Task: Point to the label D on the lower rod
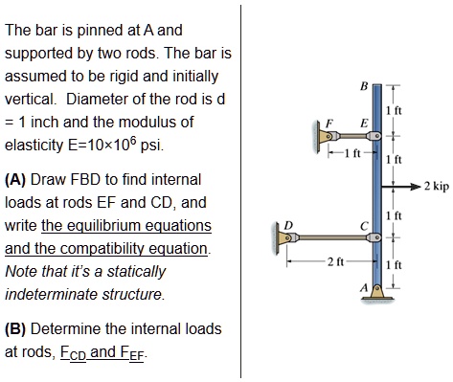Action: click(x=284, y=226)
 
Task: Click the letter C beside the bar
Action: click(x=362, y=226)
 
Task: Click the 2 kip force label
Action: click(x=434, y=187)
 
